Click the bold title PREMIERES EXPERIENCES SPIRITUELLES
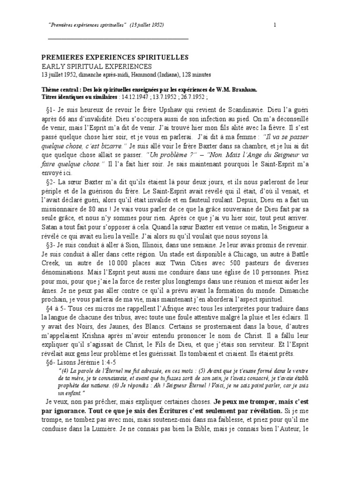pos(115,57)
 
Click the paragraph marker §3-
pos(52,245)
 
